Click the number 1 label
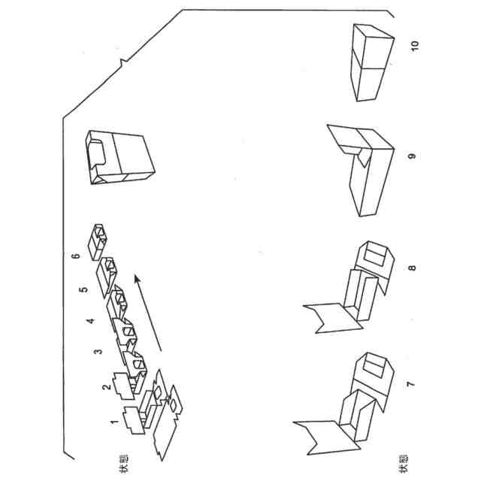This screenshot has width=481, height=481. (x=114, y=422)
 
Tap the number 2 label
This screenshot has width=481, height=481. (x=107, y=387)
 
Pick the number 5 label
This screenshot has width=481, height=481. (x=83, y=287)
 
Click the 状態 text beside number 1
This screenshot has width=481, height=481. (x=122, y=458)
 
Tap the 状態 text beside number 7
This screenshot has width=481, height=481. (x=404, y=458)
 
